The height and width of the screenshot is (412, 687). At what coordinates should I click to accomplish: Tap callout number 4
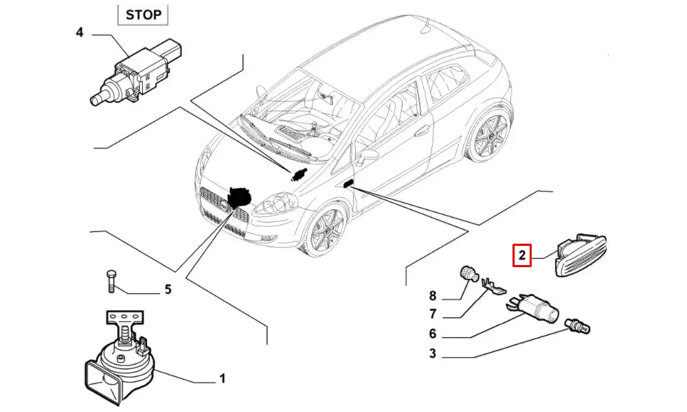click(x=80, y=32)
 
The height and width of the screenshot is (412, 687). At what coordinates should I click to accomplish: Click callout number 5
click(x=167, y=290)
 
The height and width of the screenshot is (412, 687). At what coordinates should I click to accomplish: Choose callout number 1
click(x=222, y=378)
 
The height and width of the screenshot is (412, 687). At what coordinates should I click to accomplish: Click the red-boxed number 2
click(x=522, y=257)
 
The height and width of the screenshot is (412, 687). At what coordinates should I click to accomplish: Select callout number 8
click(x=433, y=297)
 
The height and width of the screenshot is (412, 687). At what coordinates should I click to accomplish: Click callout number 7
click(x=433, y=315)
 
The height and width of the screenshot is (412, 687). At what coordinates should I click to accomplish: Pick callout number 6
click(x=433, y=334)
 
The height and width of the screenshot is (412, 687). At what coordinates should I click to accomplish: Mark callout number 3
click(x=433, y=354)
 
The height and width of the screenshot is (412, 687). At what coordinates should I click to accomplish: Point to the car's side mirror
click(x=368, y=157)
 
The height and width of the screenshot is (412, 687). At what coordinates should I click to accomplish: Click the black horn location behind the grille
click(x=239, y=196)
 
